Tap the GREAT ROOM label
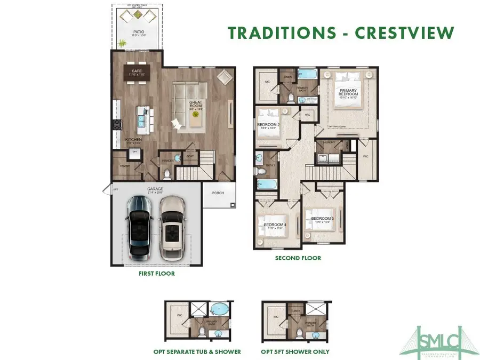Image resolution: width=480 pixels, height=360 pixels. coord(196,104)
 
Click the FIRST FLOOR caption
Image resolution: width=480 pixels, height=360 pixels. coord(156,274)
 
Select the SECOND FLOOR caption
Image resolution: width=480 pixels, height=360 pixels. coord(298,258)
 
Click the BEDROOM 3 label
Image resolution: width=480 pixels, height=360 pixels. coord(322,219)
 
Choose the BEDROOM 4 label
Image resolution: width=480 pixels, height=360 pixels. coord(275,225)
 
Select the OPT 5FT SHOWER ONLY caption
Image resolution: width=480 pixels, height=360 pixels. coord(295,351)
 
